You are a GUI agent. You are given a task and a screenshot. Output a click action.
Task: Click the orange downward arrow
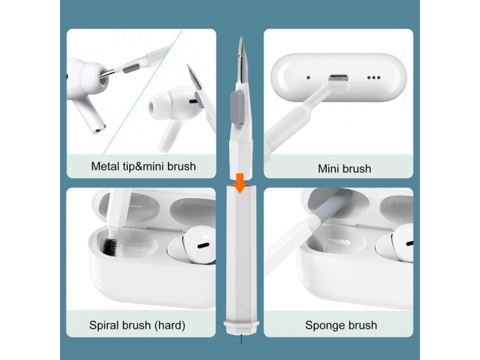pos(240,183)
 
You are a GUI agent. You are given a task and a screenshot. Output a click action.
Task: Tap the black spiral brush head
pos(110,247)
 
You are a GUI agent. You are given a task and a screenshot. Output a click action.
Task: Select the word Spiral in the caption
pos(104,325)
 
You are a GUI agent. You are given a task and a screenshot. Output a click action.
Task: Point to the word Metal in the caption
pos(106,166)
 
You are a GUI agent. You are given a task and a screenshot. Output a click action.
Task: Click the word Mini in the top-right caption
pos(329,169)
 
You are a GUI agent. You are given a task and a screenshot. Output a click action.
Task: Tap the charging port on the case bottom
pos(338,77)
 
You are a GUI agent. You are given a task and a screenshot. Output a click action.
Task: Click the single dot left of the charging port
pos(308,77)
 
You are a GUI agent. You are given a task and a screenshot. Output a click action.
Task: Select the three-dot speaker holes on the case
pos(374,77)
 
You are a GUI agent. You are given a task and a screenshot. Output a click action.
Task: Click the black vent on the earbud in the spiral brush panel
pos(203,245)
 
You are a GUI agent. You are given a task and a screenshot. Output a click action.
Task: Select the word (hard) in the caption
pos(170,325)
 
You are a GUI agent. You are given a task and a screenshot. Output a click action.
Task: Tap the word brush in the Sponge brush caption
pos(361,325)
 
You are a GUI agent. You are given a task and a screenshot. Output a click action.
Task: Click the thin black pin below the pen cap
pos(241,339)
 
